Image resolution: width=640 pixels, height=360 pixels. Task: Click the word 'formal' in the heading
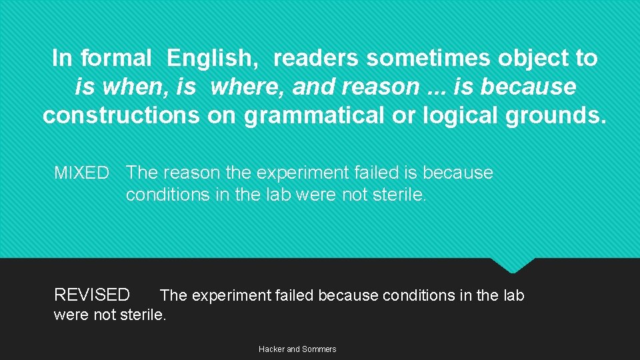pyautogui.click(x=116, y=58)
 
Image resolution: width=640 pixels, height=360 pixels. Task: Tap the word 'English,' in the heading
pyautogui.click(x=214, y=59)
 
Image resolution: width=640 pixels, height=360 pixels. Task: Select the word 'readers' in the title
pyautogui.click(x=316, y=58)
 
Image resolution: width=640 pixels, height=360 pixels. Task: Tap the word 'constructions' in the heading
pyautogui.click(x=120, y=115)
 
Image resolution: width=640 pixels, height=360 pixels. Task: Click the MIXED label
pyautogui.click(x=81, y=173)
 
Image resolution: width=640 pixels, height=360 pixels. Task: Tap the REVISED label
pyautogui.click(x=92, y=295)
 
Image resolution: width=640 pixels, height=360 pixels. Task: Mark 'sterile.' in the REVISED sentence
pyautogui.click(x=143, y=314)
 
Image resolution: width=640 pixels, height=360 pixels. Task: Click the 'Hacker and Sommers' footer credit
pyautogui.click(x=297, y=349)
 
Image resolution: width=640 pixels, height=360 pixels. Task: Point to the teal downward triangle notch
pyautogui.click(x=513, y=265)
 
